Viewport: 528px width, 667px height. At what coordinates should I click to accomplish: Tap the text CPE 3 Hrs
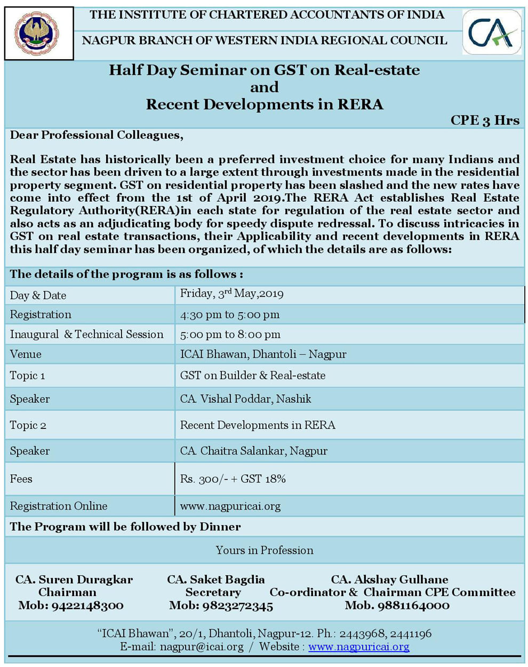point(484,121)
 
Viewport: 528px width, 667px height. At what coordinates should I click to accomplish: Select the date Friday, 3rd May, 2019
point(231,294)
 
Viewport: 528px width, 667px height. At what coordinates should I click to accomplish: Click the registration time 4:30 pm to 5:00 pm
point(229,315)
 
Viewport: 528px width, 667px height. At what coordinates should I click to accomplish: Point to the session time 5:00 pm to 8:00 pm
point(230,335)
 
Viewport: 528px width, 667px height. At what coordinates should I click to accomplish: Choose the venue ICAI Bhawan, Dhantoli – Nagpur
point(263,354)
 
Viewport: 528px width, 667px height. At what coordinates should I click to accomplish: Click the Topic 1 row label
point(27,376)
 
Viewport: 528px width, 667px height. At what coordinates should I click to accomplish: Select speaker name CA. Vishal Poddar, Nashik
point(245,399)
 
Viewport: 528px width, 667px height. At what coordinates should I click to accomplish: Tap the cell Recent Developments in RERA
point(258,425)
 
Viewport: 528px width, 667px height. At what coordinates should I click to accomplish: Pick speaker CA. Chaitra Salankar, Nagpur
point(253,451)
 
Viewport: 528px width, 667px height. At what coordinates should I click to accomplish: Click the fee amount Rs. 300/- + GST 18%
point(233,479)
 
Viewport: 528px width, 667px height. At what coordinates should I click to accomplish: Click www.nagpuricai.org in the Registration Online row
point(230,506)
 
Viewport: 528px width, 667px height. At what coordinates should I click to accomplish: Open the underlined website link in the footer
point(358,647)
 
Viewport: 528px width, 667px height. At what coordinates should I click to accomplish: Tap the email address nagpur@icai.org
point(202,647)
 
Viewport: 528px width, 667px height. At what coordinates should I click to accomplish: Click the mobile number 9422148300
point(87,606)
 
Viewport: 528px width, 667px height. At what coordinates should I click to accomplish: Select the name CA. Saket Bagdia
point(215,579)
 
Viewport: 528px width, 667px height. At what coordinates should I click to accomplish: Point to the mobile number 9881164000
point(413,606)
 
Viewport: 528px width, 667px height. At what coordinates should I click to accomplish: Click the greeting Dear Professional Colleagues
point(97,135)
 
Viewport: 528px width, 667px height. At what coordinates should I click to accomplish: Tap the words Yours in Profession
point(264,550)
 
